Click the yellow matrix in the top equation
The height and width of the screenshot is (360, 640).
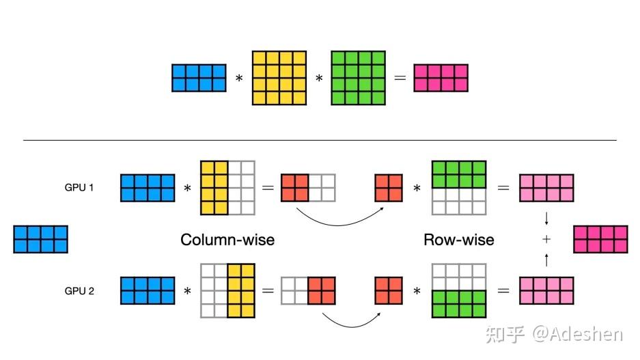coord(279,78)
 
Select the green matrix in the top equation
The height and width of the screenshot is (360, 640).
coord(359,78)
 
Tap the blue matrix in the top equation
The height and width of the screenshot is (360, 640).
coord(199,78)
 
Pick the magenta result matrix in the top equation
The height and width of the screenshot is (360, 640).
coord(441,78)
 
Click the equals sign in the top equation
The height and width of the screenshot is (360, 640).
coord(400,79)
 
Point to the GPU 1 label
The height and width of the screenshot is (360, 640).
coord(79,187)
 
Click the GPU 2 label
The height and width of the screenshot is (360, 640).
coord(79,290)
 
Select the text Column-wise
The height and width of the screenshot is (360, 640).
coord(227,240)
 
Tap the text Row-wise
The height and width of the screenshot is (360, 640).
coord(459,240)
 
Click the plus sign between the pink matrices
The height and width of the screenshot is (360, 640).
coord(546,239)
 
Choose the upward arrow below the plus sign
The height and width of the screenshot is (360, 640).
coord(546,260)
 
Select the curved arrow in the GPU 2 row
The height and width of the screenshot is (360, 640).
coord(350,321)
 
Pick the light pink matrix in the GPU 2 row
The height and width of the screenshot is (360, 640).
coord(547,290)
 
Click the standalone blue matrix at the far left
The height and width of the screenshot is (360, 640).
coord(41,240)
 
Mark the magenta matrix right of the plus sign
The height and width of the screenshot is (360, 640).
coord(600,240)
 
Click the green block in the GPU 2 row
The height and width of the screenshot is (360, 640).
coord(459,304)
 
